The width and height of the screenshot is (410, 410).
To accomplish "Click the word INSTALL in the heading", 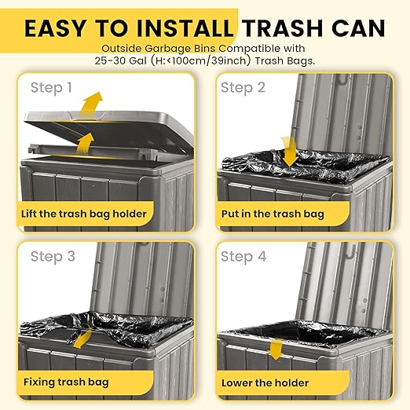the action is tap(185, 28).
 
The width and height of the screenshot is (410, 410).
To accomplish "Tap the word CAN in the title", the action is tap(359, 28).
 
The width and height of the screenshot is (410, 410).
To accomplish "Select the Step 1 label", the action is tap(51, 88).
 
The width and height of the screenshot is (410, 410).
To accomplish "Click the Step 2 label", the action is tap(243, 88).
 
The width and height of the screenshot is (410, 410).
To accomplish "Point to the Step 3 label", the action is tap(53, 257).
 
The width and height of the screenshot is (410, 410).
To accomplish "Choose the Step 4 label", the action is tap(243, 257).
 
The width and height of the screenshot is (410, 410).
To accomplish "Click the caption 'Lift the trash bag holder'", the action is tap(84, 214).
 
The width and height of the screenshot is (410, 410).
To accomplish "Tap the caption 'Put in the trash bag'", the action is tap(273, 214).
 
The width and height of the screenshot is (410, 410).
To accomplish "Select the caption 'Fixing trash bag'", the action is tap(66, 383).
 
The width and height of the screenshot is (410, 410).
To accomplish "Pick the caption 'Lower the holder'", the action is tap(265, 383).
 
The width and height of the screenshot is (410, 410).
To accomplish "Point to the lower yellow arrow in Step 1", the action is tap(85, 144).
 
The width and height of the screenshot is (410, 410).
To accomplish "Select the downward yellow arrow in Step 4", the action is tap(276, 350).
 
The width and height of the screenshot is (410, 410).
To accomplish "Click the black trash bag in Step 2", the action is tap(305, 165).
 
